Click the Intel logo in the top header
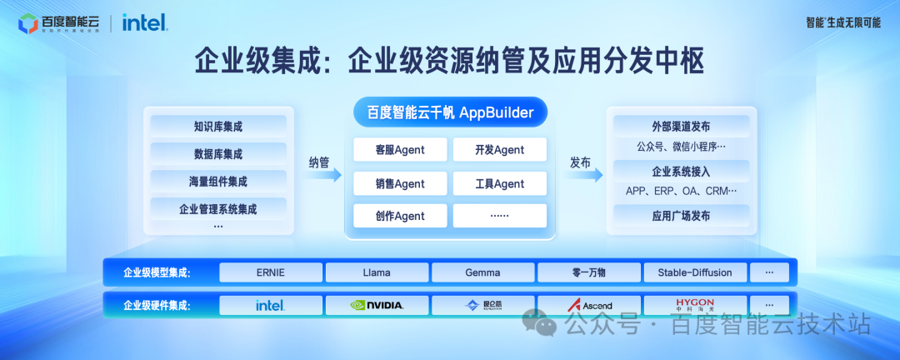point(145,22)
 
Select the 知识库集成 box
point(218,127)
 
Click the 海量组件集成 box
point(218,181)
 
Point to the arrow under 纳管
point(324,175)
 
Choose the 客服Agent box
point(400,150)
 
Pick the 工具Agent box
point(500,183)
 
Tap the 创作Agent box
point(400,216)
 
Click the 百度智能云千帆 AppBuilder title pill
point(450,112)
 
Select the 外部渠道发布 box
point(681,127)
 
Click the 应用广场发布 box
point(681,216)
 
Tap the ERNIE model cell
point(271,272)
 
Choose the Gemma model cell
point(483,272)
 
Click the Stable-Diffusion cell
point(694,272)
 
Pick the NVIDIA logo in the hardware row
point(377,305)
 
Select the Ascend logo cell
point(589,305)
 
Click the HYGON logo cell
point(694,305)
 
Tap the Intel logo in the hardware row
point(271,305)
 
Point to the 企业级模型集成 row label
point(157,272)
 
